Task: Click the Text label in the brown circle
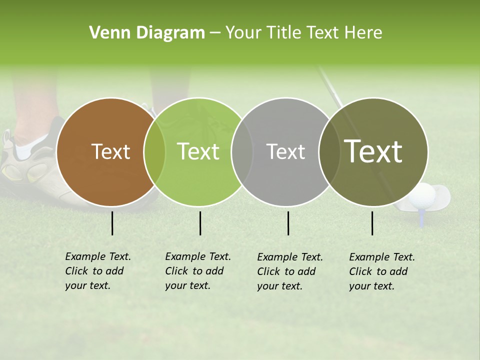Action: tap(110, 152)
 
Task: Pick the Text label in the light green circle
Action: tap(198, 152)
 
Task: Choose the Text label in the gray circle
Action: tap(285, 152)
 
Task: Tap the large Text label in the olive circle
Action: tap(373, 151)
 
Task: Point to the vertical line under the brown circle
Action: tap(112, 223)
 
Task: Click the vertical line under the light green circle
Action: tap(200, 223)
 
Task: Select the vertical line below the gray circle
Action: tap(288, 223)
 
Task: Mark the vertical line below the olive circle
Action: tap(372, 223)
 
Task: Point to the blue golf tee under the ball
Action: tap(422, 218)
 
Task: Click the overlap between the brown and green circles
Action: tap(154, 152)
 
